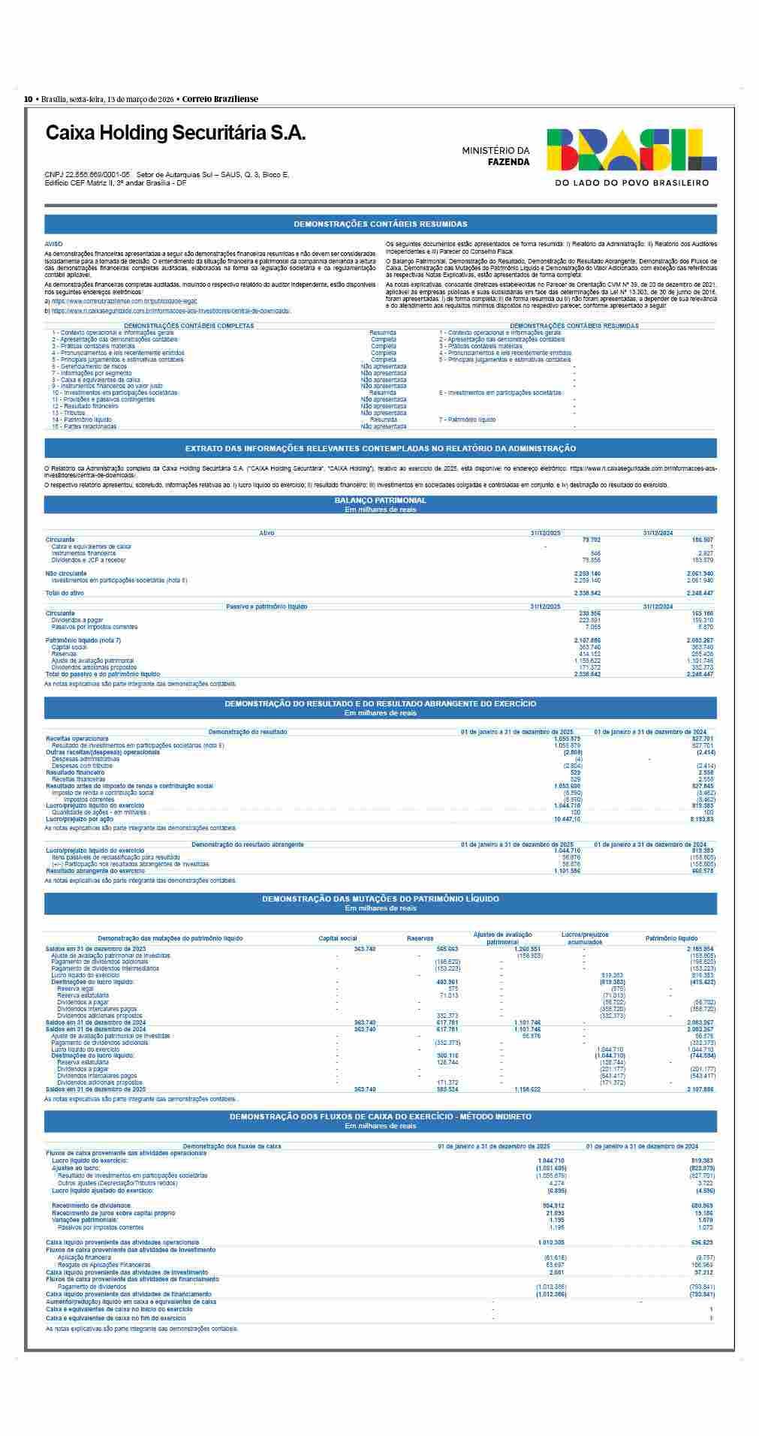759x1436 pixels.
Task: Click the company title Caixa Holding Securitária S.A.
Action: [x=176, y=133]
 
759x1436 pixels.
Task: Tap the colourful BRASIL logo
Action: [x=631, y=149]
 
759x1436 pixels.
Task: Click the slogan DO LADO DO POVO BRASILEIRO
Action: [x=631, y=182]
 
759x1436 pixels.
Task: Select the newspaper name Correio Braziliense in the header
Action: [x=220, y=99]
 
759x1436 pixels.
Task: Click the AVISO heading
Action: [x=54, y=244]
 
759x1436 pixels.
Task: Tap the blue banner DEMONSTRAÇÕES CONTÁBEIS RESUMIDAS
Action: [x=380, y=224]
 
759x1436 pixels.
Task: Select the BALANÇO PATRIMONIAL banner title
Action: [x=380, y=500]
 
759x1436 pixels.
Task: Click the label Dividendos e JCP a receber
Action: [x=89, y=560]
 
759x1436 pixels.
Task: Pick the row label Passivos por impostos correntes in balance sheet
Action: [x=95, y=627]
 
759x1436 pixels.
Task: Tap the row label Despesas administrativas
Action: [x=86, y=759]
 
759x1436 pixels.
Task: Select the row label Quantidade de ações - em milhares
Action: [x=99, y=812]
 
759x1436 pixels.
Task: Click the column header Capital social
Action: [x=338, y=938]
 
